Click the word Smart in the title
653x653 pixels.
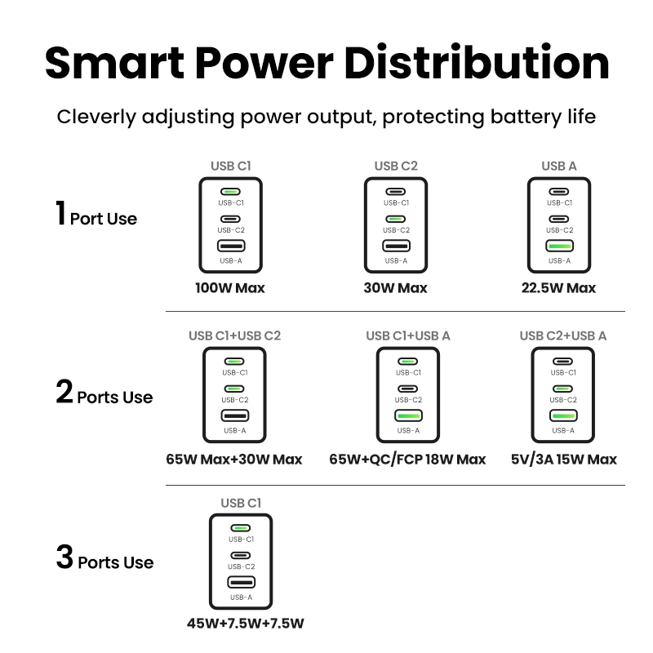114,63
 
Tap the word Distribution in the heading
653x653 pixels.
477,63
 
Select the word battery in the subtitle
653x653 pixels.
525,117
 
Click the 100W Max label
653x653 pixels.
230,288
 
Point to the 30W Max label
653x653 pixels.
395,288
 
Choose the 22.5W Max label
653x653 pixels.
558,288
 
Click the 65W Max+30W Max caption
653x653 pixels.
234,460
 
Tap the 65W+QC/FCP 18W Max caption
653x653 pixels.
407,460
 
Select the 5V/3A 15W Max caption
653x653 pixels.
563,460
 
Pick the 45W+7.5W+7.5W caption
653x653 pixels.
246,624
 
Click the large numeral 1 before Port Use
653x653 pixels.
60,213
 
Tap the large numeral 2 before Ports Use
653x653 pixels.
64,392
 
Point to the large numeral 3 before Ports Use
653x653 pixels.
64,557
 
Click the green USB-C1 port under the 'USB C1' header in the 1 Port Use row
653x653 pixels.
230,192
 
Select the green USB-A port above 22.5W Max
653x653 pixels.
559,247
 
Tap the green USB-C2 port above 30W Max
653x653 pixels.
396,219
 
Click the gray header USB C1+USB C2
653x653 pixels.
235,335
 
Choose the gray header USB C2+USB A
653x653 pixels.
563,335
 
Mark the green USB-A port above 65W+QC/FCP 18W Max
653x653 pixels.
408,415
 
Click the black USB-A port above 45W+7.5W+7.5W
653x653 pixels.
241,582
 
